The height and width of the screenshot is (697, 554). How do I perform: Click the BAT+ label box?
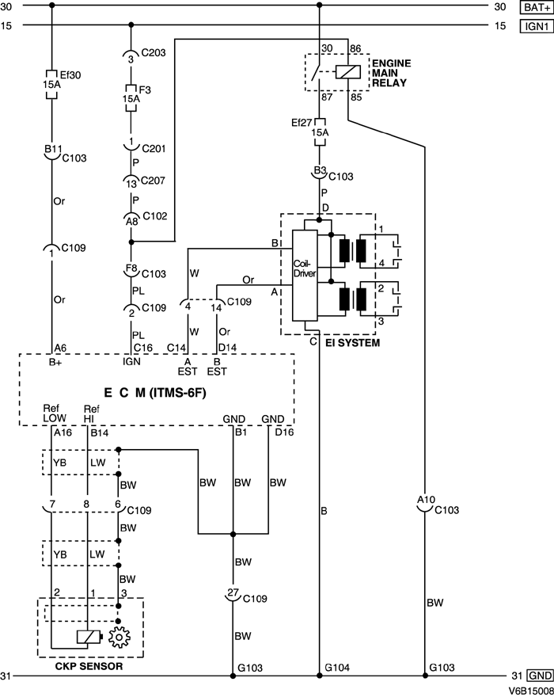coord(534,7)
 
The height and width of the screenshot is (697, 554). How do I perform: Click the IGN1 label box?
coord(534,25)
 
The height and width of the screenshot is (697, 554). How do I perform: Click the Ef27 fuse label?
coord(302,122)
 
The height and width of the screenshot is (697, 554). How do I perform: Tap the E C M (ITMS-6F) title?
coord(155,393)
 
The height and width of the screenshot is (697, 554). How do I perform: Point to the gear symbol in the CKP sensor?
coord(119,638)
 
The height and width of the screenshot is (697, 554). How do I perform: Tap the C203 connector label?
coord(154,53)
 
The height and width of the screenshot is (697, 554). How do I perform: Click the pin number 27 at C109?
coord(232,592)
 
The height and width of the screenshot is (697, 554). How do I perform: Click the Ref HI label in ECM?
coord(90,413)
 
